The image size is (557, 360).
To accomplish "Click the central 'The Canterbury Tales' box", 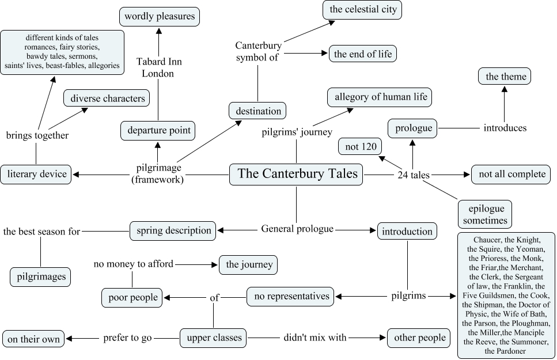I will point(297,174).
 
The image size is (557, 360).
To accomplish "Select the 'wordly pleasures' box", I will point(159,16).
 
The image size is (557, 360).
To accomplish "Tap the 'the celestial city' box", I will point(362,10).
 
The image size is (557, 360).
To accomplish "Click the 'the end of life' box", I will point(362,54).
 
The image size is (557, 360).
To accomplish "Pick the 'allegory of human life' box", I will point(380,97).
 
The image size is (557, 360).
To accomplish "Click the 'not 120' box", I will point(360,147).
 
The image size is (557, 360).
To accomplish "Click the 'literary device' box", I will point(36,174).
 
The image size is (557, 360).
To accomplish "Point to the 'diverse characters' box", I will point(107,98).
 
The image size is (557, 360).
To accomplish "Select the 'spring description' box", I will point(173,230).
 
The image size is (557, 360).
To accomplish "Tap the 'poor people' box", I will point(132,297).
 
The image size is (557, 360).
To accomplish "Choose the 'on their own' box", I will point(34,339).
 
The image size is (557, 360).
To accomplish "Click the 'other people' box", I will point(419,338).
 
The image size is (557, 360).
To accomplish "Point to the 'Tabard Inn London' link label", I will point(158,67).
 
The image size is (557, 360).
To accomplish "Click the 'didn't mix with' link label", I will point(315,338).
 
